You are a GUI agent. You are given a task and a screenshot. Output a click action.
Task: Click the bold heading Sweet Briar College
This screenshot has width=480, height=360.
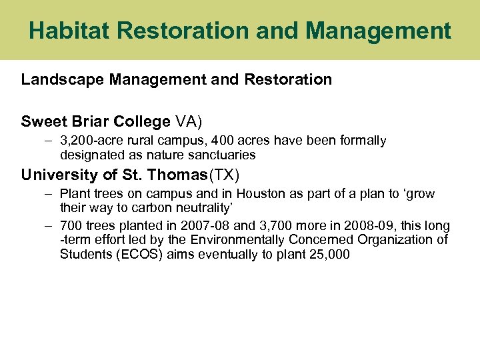click(x=95, y=121)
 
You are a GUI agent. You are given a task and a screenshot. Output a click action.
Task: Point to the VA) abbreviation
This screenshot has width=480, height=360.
click(x=189, y=121)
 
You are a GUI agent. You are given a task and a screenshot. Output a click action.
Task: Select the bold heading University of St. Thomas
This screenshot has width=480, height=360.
click(x=114, y=175)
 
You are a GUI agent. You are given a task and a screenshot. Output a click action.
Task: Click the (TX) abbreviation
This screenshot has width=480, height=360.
click(x=225, y=175)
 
